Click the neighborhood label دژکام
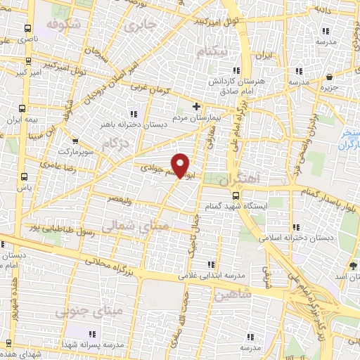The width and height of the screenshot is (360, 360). [117, 143]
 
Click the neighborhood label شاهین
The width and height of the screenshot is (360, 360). [233, 295]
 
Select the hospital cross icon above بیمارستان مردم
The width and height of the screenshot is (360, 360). [196, 107]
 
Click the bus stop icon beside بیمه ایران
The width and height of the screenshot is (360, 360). [23, 108]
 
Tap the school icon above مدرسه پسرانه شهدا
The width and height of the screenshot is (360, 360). [91, 333]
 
